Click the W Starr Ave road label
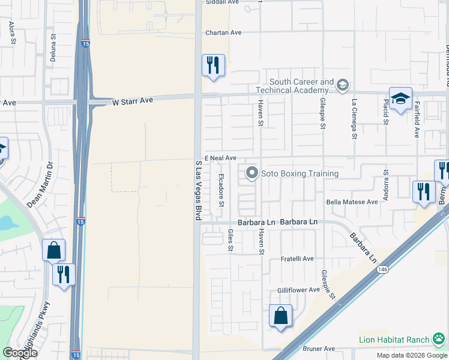(133, 102)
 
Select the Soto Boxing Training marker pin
(252, 174)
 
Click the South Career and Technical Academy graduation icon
(342, 85)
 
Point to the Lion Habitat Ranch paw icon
(440, 340)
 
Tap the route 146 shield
(382, 270)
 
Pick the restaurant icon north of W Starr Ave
(212, 65)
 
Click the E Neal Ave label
(220, 158)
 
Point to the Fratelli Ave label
(298, 259)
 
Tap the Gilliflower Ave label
(298, 290)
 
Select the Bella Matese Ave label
(352, 202)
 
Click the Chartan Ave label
(223, 33)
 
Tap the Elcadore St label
(221, 190)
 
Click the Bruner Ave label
(321, 349)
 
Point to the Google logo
(20, 353)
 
